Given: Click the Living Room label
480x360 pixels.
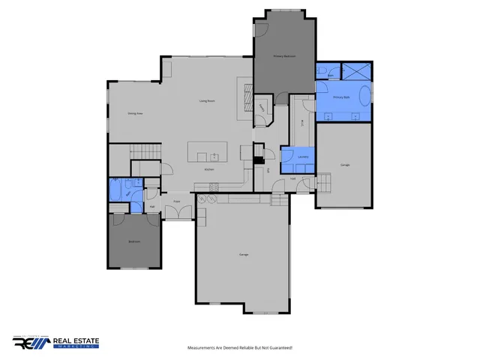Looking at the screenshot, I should pos(208,100).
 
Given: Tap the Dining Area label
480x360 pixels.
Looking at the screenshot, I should pos(135,113).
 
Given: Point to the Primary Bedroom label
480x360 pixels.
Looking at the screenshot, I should pos(283,56).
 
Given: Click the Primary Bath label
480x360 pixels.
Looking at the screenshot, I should pos(341,97).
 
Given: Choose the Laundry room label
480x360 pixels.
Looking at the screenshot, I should pos(303,157).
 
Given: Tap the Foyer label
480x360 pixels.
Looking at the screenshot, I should pos(177,202).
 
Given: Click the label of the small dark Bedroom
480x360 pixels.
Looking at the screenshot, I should pos(133,241).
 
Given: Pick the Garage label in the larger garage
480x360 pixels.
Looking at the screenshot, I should pos(244,255).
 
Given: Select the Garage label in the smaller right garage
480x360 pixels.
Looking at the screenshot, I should pos(345,164).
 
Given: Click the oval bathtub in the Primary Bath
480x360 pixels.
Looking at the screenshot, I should pos(364,97).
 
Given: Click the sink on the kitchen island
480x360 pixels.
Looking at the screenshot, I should pos(214,157).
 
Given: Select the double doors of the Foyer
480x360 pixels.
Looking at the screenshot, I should pos(178,213).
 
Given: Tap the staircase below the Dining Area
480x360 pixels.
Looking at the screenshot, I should pos(144,151).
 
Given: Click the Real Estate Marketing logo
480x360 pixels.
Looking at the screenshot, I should pos(55,343).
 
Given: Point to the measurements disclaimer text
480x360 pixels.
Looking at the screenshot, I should pos(240,348).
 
